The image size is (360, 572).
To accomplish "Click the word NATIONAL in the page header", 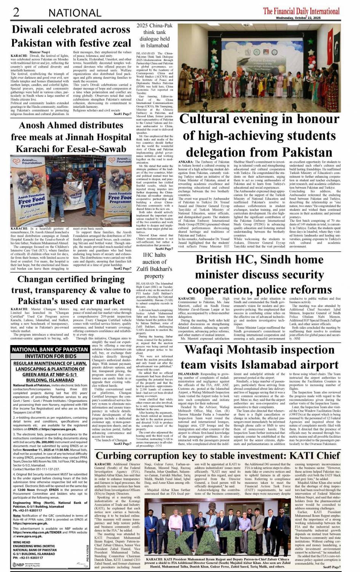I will click(75, 13).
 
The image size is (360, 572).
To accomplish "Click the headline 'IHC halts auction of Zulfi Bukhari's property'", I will click(154, 265).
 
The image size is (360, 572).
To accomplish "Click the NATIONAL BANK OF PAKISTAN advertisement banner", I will click(50, 349).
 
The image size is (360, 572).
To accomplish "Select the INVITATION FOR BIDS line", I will click(50, 356).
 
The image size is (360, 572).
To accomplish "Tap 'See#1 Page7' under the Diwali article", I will click(122, 114).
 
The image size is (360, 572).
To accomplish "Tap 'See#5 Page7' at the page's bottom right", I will click(331, 567).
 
